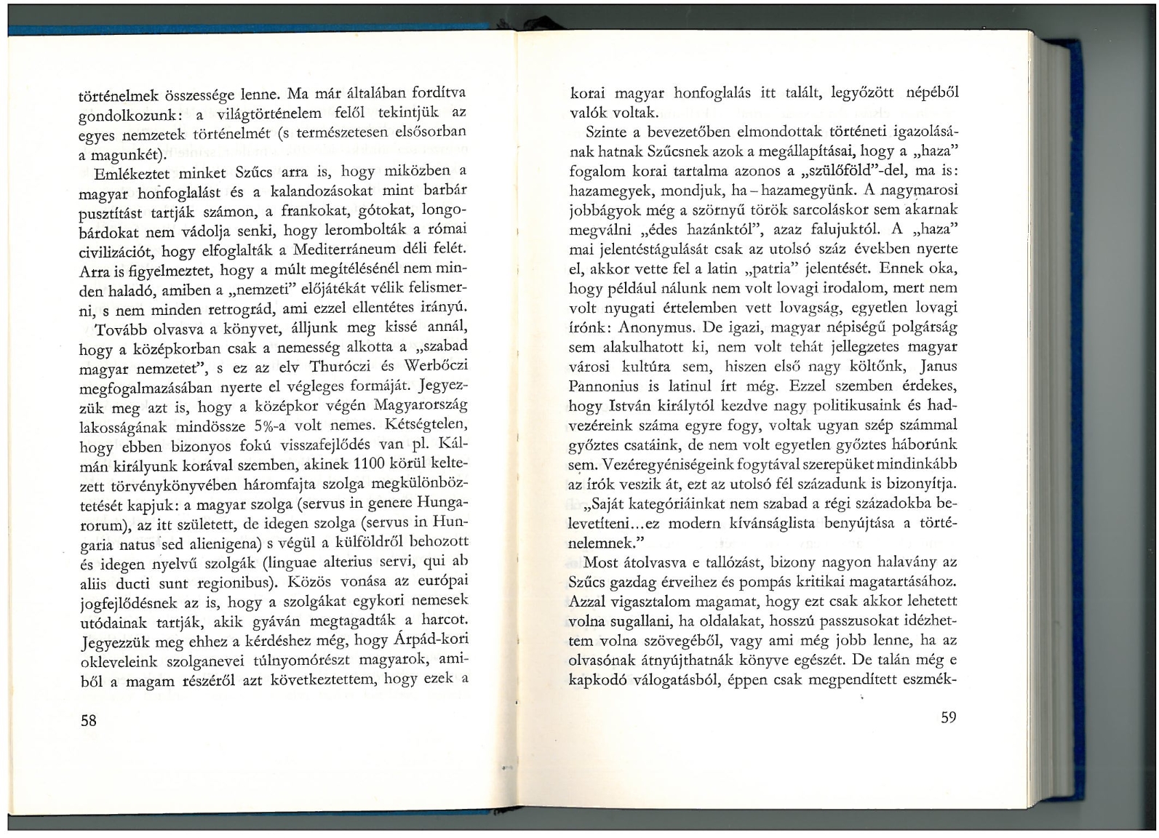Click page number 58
[88, 720]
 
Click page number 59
[948, 717]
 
